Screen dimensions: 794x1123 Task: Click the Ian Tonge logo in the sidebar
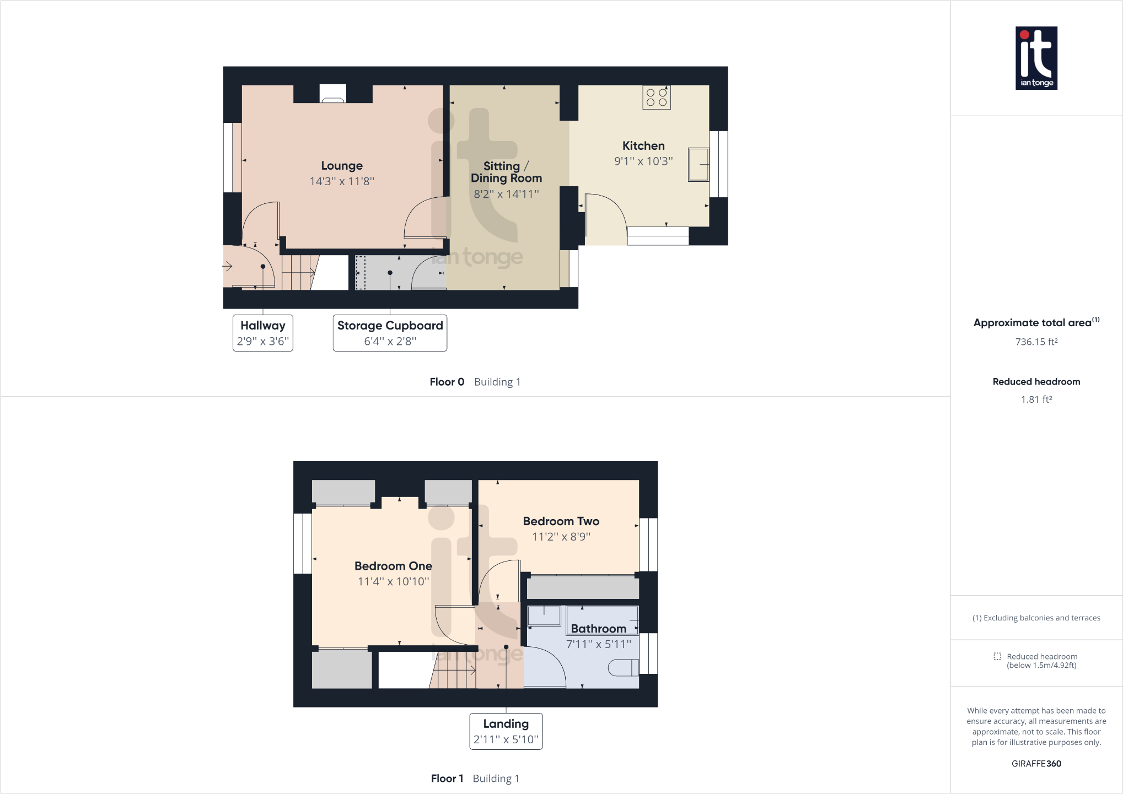[1036, 58]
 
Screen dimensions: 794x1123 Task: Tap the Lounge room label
[342, 166]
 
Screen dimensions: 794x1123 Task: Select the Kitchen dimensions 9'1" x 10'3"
[643, 161]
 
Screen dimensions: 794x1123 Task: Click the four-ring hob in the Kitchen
[657, 98]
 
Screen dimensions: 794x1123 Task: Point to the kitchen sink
[698, 164]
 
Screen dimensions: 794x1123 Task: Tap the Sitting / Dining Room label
[506, 172]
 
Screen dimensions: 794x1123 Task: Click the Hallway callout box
[263, 333]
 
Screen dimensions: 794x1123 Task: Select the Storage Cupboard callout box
[390, 333]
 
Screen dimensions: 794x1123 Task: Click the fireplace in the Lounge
[333, 94]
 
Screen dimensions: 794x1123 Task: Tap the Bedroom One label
[393, 566]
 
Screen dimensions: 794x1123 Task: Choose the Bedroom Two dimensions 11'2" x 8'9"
[561, 537]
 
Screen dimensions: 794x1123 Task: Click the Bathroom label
[598, 629]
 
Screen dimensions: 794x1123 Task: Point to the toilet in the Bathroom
[623, 668]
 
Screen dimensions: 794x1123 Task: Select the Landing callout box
[506, 731]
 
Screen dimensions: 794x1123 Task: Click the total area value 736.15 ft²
[1036, 342]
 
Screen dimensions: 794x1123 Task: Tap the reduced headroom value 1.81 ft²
[1036, 399]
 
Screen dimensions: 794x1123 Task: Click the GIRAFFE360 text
[1036, 764]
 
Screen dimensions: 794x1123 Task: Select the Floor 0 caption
[447, 382]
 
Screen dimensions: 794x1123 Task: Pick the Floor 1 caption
[447, 779]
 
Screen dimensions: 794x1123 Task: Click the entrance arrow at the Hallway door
[227, 267]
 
